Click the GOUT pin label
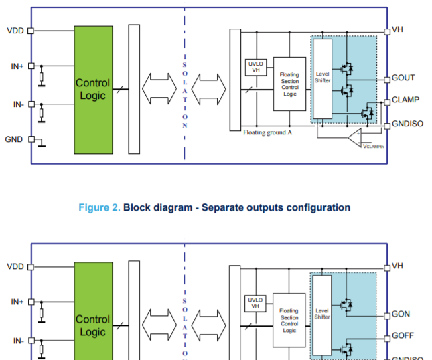pyautogui.click(x=403, y=78)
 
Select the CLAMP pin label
pyautogui.click(x=405, y=100)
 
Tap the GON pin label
pyautogui.click(x=401, y=314)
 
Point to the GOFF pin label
pyautogui.click(x=403, y=336)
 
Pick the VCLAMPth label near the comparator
pyautogui.click(x=373, y=146)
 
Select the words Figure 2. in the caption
pyautogui.click(x=99, y=207)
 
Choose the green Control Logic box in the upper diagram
pyautogui.click(x=93, y=90)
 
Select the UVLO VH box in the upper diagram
pyautogui.click(x=255, y=67)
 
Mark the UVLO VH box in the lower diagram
pyautogui.click(x=255, y=303)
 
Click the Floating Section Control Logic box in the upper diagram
pyautogui.click(x=289, y=84)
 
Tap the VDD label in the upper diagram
pyautogui.click(x=15, y=31)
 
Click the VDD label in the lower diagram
pyautogui.click(x=15, y=266)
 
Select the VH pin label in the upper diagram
pyautogui.click(x=397, y=30)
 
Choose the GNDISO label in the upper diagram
pyautogui.click(x=407, y=124)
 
